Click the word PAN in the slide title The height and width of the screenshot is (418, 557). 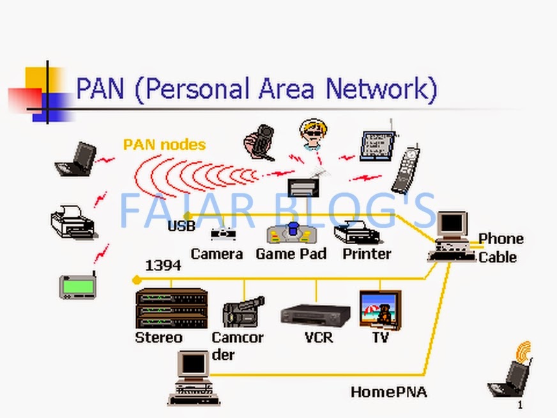[100, 88]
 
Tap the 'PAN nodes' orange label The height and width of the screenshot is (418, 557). [164, 144]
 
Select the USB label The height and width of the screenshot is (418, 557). [181, 226]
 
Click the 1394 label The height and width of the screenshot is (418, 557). [163, 265]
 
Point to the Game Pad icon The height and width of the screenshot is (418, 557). [292, 233]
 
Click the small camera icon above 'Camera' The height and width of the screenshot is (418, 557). [223, 234]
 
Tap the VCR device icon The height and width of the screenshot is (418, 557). [316, 314]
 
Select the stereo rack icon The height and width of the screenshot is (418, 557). [171, 308]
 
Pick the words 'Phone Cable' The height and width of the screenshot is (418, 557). [500, 247]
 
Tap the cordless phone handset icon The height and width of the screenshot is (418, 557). [406, 170]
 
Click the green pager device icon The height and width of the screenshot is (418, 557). [78, 286]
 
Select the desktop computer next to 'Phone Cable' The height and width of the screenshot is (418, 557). [452, 236]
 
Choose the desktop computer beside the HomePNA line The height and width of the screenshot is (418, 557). [194, 377]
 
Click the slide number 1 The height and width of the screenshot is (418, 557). [520, 405]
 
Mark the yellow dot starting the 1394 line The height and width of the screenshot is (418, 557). [136, 280]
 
